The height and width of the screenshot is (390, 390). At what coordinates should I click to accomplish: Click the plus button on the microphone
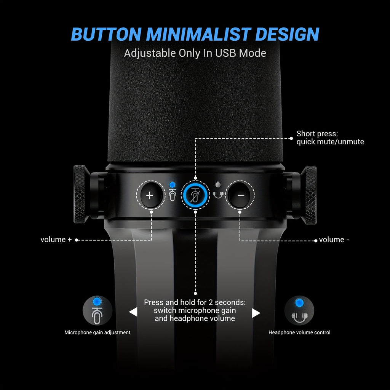tap(150, 195)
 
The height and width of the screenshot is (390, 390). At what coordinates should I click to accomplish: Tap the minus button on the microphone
tap(240, 195)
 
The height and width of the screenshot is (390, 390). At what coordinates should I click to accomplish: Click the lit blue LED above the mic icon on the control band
tap(172, 185)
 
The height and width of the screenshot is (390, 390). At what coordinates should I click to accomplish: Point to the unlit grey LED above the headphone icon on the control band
tap(218, 185)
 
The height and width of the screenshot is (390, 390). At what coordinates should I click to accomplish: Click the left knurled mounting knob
tap(80, 194)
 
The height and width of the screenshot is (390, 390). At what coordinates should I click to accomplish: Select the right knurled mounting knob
tap(309, 195)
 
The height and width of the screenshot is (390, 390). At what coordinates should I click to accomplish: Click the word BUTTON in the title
tap(106, 34)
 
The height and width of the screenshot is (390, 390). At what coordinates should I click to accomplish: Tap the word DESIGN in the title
tap(287, 34)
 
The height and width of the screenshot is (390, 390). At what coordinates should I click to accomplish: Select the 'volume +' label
tap(56, 240)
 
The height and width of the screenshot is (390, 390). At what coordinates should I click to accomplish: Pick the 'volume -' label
tap(334, 240)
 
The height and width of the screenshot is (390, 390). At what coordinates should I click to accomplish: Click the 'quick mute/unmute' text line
tap(330, 142)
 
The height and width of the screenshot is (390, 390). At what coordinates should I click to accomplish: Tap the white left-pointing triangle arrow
tap(133, 312)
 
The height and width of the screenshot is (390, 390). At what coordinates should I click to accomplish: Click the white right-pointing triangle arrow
tap(256, 313)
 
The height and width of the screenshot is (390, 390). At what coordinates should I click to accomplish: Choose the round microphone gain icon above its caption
tap(97, 310)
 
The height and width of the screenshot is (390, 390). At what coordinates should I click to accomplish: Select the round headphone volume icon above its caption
tap(299, 310)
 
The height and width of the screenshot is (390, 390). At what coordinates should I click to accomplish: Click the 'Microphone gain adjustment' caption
tap(97, 332)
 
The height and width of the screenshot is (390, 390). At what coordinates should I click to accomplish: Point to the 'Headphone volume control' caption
tap(299, 332)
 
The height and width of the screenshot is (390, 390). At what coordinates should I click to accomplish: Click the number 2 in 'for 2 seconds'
tap(211, 302)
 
